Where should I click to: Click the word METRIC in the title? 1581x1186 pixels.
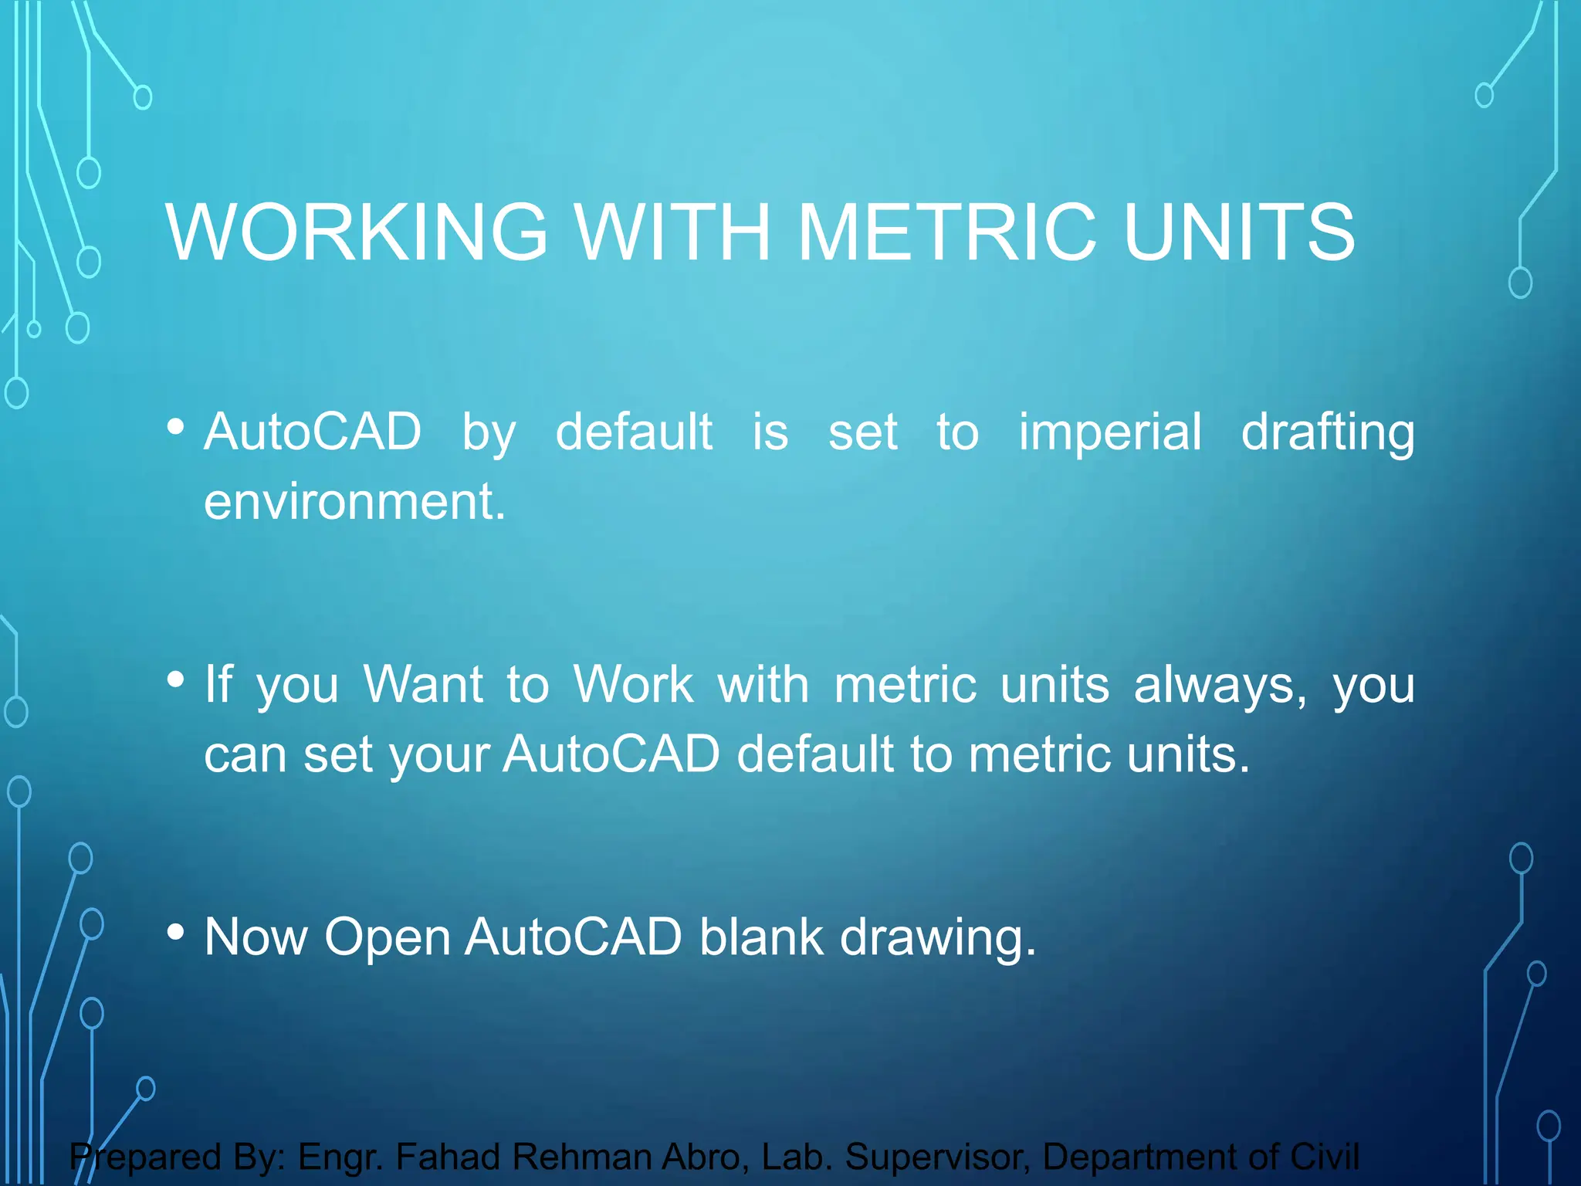click(x=946, y=232)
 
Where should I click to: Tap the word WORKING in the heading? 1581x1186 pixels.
click(x=357, y=232)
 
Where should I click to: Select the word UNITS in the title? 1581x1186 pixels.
click(x=1239, y=232)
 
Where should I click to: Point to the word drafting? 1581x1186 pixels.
click(x=1328, y=432)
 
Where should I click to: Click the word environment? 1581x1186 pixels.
click(x=354, y=501)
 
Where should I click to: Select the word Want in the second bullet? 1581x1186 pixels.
click(x=423, y=684)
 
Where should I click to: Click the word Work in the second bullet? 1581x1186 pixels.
click(x=633, y=684)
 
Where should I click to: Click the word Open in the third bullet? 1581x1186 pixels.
click(x=387, y=938)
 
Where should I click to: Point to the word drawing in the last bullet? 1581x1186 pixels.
click(x=937, y=938)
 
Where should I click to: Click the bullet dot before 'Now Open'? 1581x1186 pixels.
click(x=176, y=932)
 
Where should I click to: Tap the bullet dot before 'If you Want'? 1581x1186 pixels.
click(x=176, y=679)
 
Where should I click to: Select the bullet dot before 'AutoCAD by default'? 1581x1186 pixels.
click(x=176, y=426)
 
